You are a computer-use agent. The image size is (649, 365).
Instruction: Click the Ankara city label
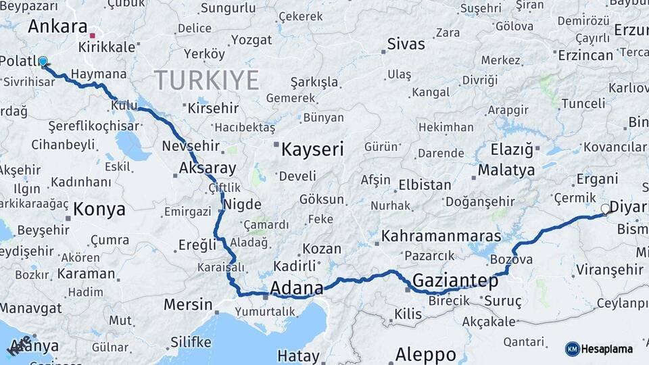coord(57,28)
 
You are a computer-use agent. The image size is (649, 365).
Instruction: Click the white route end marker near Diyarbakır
coord(605,209)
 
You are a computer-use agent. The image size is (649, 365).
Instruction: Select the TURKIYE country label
coord(207,80)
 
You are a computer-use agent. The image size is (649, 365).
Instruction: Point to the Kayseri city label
coord(312,149)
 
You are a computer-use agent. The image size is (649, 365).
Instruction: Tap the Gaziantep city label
coord(455,280)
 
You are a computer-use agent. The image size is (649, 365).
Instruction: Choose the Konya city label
coord(99,210)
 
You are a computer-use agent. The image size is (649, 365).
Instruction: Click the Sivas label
coord(406,45)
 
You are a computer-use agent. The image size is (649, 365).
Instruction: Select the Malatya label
coord(506,170)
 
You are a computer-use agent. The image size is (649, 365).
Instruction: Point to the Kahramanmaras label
coord(441,236)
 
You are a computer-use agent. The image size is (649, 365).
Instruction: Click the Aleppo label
coord(425,354)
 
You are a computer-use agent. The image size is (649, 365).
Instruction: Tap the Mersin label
coord(188,304)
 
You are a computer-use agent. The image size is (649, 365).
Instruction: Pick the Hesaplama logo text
coord(606,349)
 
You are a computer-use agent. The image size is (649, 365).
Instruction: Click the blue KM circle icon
coord(572,349)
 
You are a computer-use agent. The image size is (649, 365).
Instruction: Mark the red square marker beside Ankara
coord(93,35)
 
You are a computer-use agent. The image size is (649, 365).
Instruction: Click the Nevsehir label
coord(191,146)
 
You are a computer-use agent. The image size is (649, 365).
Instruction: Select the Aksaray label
coord(208,168)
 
